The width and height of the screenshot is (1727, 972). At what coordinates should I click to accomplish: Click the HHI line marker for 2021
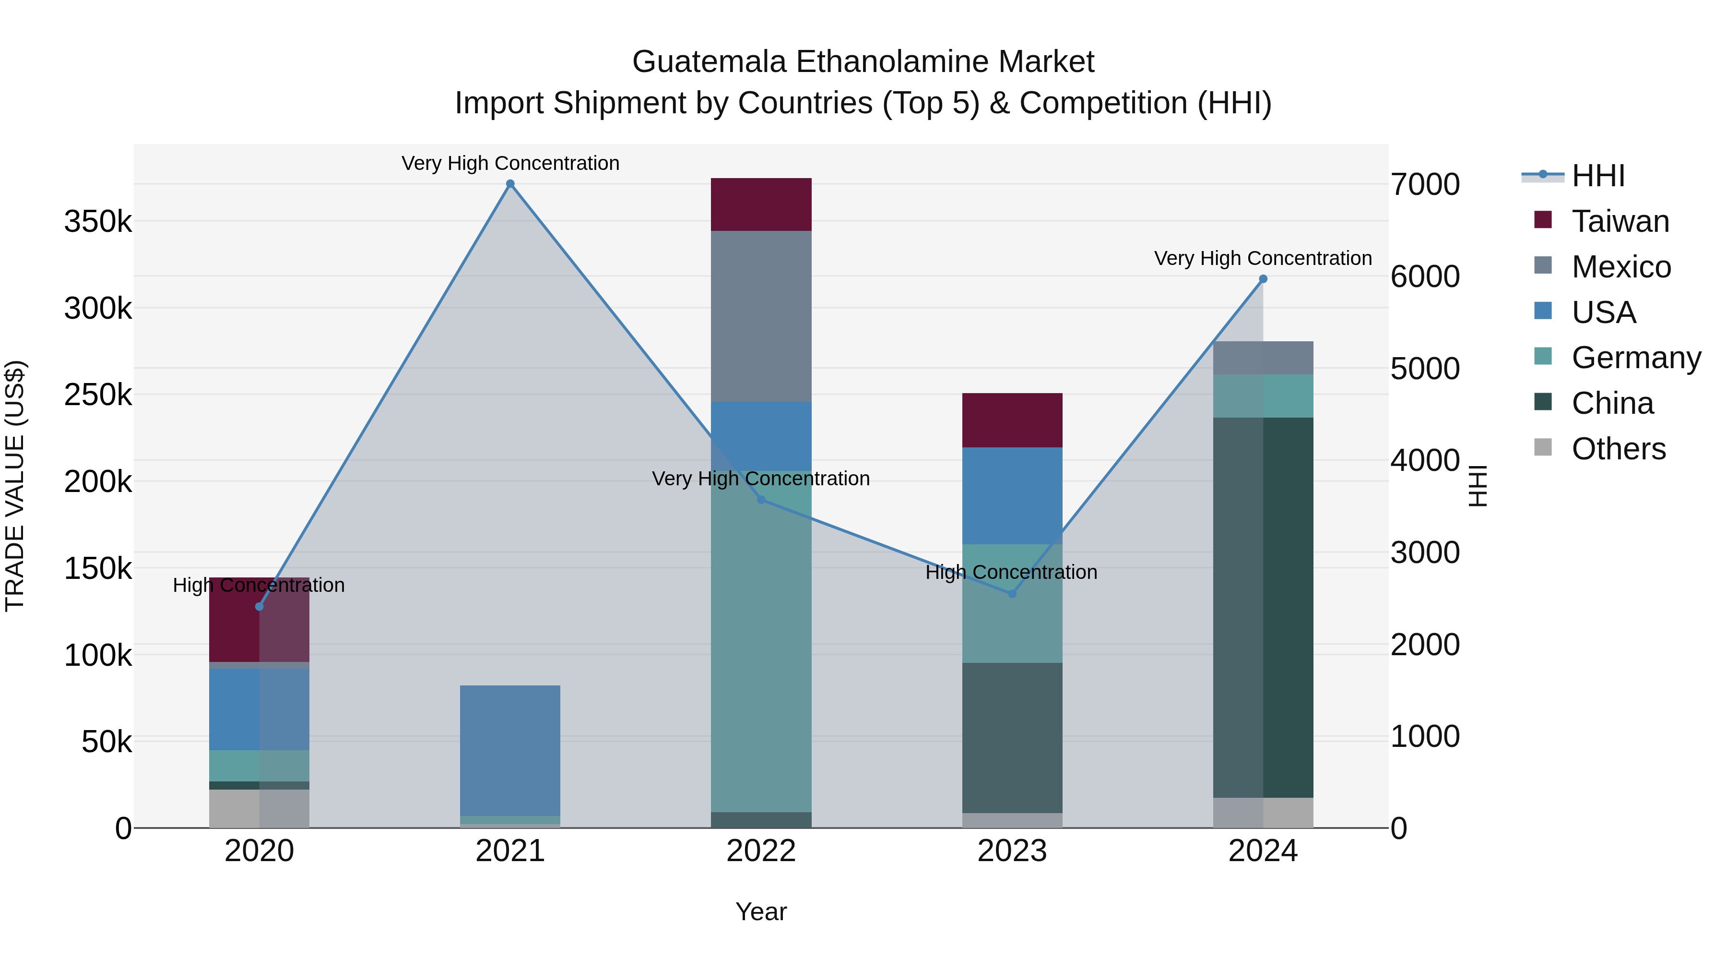pyautogui.click(x=510, y=184)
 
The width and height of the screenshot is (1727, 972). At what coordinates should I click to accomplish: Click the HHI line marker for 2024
pyautogui.click(x=1263, y=279)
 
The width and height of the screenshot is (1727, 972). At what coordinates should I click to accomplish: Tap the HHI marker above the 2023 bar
pyautogui.click(x=1012, y=594)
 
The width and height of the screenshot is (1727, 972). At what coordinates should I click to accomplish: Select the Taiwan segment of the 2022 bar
pyautogui.click(x=761, y=204)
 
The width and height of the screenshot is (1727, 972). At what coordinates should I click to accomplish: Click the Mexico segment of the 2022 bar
pyautogui.click(x=761, y=316)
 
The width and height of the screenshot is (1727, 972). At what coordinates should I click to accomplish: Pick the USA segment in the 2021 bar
pyautogui.click(x=510, y=750)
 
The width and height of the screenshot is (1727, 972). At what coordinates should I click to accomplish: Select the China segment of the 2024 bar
pyautogui.click(x=1263, y=607)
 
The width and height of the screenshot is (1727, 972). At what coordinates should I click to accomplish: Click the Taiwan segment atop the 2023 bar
pyautogui.click(x=1012, y=420)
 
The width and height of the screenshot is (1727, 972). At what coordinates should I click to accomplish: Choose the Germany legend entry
pyautogui.click(x=1636, y=358)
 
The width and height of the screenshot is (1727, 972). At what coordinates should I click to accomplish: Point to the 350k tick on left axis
pyautogui.click(x=98, y=221)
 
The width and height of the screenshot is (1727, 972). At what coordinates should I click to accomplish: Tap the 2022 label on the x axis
pyautogui.click(x=761, y=851)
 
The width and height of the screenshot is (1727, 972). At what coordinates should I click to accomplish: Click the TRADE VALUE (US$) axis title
pyautogui.click(x=15, y=486)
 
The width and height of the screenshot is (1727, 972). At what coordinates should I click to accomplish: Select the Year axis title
pyautogui.click(x=761, y=912)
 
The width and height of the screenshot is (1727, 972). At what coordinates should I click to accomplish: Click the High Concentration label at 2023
pyautogui.click(x=1011, y=572)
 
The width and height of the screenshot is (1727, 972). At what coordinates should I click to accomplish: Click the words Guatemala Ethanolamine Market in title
pyautogui.click(x=863, y=62)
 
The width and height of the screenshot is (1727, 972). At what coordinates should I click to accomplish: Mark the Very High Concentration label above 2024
pyautogui.click(x=1263, y=258)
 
